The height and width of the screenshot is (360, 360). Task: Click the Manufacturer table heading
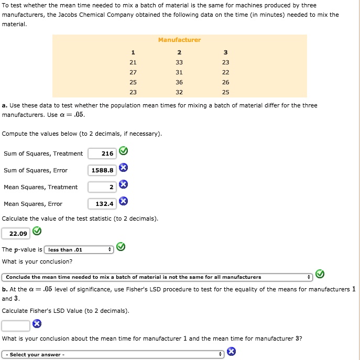point(179,40)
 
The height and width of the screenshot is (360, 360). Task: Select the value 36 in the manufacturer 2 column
point(179,82)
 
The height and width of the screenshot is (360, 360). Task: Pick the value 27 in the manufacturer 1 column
point(133,72)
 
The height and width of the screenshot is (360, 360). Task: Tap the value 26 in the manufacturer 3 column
point(225,82)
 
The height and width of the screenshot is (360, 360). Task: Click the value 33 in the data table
point(179,62)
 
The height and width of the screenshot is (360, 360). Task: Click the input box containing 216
point(102,154)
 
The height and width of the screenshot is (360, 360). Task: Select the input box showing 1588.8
point(102,170)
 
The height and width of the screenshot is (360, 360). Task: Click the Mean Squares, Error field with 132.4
point(102,204)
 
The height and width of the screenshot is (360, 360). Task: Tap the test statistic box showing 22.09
point(16,233)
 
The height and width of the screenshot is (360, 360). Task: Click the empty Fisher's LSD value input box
point(16,325)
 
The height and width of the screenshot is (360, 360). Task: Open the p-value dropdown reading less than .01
point(79,249)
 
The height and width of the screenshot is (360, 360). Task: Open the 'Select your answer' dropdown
point(113,355)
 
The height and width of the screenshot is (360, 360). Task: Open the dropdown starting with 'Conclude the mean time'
point(157,277)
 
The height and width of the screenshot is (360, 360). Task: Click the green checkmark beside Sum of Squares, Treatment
point(123,152)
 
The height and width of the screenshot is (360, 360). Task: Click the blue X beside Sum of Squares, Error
point(123,168)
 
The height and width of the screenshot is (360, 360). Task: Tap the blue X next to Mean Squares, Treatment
point(123,184)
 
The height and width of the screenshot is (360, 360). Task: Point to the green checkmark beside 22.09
point(37,231)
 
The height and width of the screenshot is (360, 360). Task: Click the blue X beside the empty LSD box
point(37,324)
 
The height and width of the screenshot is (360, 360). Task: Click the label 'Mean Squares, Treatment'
point(40,187)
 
